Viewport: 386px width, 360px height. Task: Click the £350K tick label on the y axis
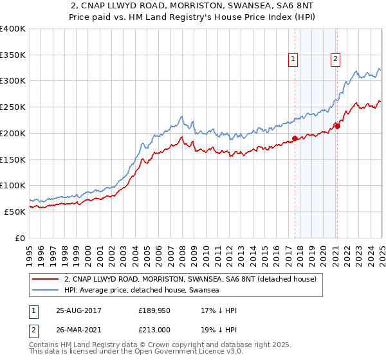[13, 55]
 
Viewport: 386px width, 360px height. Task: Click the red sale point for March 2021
[337, 126]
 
